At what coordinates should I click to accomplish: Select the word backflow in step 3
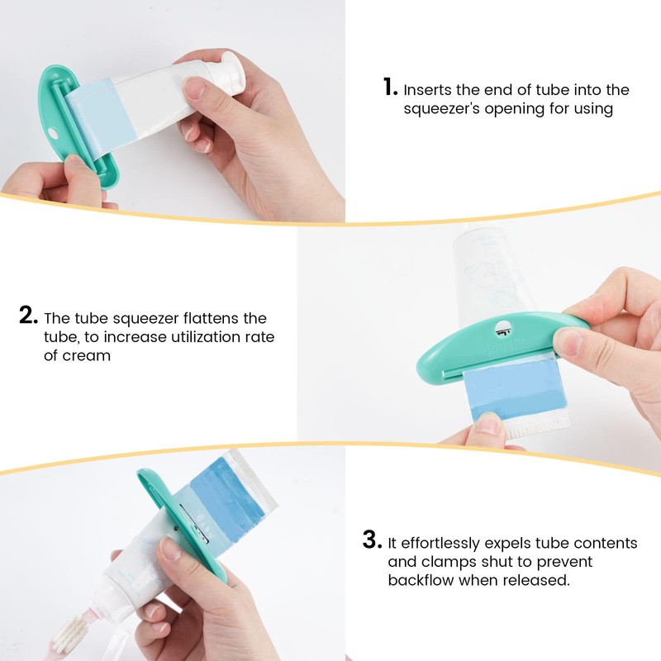coord(421,581)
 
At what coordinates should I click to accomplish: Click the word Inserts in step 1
coord(429,89)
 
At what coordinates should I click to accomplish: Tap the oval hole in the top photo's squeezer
coord(54,132)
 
